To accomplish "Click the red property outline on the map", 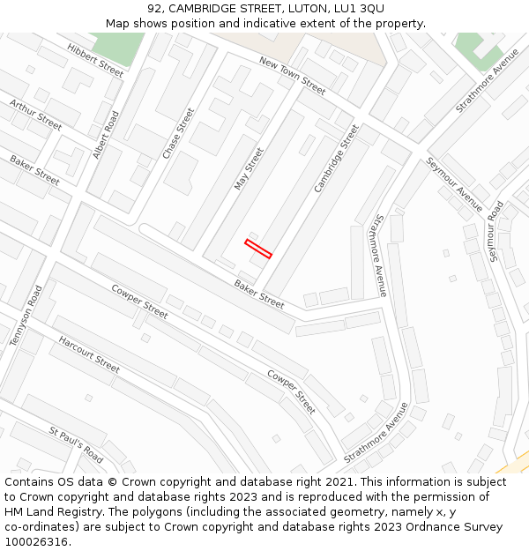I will (x=258, y=248).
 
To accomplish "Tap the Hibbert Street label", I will (x=95, y=59).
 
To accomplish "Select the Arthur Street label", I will (x=35, y=115).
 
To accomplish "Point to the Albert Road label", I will (x=105, y=135).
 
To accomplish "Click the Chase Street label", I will (x=177, y=133).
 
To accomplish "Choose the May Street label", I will (x=249, y=168).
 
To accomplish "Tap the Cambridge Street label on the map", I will (x=337, y=159).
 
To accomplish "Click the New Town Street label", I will (x=292, y=74).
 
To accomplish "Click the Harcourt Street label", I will (x=88, y=353).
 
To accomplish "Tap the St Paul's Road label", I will (x=76, y=445).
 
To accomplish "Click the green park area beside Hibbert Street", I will (x=116, y=46).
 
